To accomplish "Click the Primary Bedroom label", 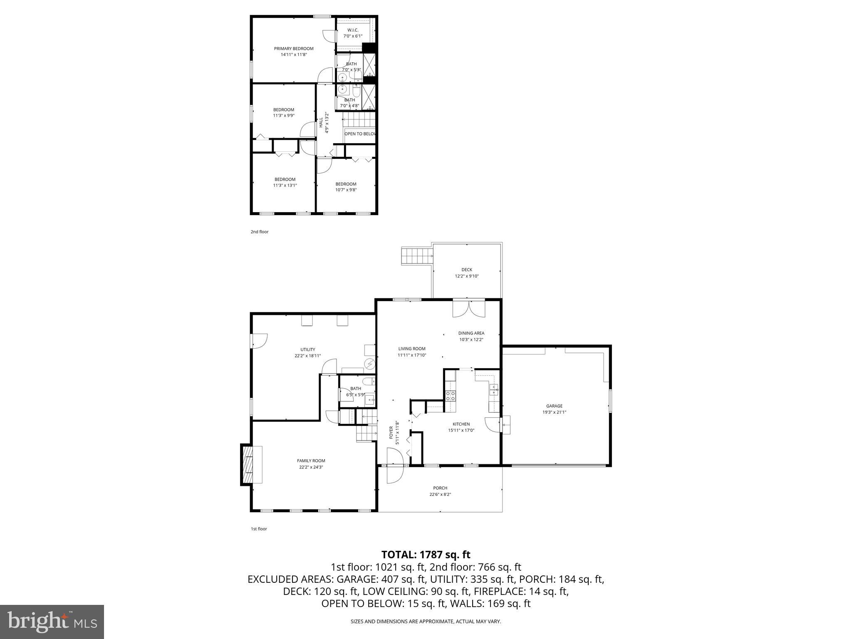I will [293, 49].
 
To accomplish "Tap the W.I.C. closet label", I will [353, 30].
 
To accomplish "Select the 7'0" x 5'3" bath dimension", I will [352, 70].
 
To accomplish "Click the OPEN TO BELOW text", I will [360, 134].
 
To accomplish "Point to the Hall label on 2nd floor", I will [321, 122].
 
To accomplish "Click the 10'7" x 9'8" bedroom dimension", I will [346, 190].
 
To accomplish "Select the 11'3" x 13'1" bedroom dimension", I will [285, 186].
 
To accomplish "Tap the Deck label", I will [466, 270].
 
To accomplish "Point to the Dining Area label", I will [471, 333].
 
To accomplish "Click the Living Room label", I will [411, 349].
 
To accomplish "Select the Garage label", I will [554, 406].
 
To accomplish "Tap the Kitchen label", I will [461, 424].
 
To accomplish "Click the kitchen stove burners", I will [451, 396].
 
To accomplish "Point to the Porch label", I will [440, 488].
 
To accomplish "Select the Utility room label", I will [307, 349].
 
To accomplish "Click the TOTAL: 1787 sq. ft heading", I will [426, 555].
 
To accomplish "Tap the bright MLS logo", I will [52, 622].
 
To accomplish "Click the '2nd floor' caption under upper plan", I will [260, 232].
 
